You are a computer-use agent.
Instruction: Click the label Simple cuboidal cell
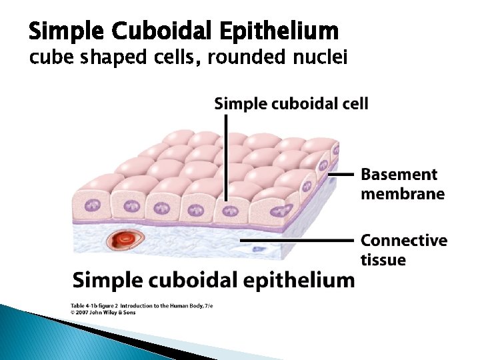click(x=291, y=103)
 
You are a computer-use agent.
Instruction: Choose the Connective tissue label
click(x=403, y=249)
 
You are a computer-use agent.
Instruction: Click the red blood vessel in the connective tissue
click(x=125, y=237)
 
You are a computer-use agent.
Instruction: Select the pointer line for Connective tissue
click(x=297, y=239)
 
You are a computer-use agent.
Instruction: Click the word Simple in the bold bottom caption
click(x=104, y=279)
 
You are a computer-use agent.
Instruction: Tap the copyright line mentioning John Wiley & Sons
click(x=103, y=312)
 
